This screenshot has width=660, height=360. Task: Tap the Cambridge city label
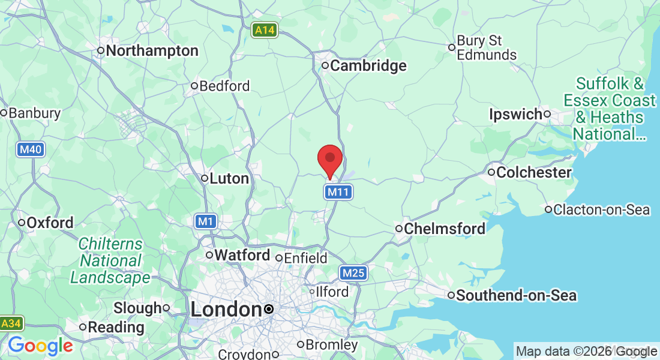(368, 66)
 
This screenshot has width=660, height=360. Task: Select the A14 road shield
(265, 30)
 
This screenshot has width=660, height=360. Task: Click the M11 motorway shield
(338, 192)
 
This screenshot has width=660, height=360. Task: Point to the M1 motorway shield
(206, 222)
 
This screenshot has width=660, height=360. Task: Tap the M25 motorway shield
(353, 274)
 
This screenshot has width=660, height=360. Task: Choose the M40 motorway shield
(30, 149)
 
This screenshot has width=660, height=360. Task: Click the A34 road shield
(11, 323)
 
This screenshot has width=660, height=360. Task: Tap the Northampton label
(152, 51)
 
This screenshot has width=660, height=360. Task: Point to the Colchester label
(533, 173)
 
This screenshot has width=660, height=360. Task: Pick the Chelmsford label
(444, 229)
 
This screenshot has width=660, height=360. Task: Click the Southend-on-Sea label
(516, 295)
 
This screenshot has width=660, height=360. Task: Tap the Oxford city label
(50, 223)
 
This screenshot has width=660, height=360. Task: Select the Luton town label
(229, 178)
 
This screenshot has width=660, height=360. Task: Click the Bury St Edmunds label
(486, 48)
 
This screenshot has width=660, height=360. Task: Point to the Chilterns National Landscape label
(110, 261)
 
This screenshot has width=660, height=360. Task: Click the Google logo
(40, 346)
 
